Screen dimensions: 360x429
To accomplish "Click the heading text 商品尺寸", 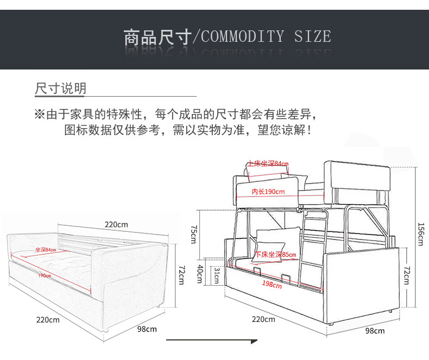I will click(x=157, y=37).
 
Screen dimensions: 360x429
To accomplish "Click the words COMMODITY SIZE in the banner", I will click(x=266, y=37).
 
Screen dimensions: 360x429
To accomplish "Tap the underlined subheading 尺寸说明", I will click(x=60, y=89).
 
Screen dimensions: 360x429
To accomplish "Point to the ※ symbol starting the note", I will click(x=39, y=115).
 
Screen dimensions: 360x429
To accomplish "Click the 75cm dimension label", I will click(x=194, y=234).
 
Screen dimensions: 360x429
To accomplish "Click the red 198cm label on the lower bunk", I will click(x=267, y=283).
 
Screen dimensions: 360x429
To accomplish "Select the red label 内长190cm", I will click(x=268, y=192).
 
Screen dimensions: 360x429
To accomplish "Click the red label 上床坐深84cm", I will click(x=268, y=163).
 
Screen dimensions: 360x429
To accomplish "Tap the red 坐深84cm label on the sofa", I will click(x=46, y=250).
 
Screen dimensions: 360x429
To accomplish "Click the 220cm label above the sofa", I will click(x=116, y=224).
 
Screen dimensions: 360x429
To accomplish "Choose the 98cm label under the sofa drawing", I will click(x=147, y=329).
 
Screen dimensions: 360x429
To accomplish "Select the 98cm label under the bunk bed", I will click(x=375, y=331).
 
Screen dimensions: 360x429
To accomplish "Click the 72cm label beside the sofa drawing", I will click(x=181, y=273).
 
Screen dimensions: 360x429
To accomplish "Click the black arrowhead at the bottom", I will click(x=253, y=342).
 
